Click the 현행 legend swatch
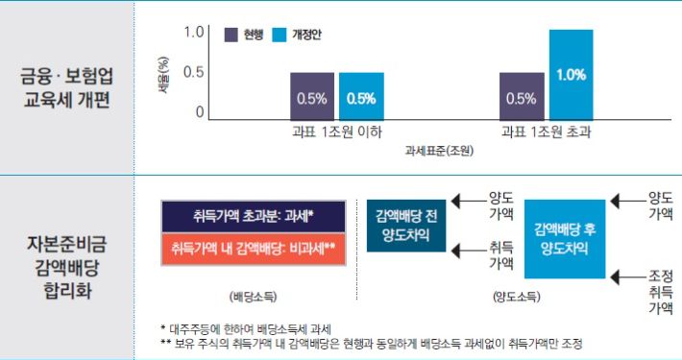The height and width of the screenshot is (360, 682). point(231,35)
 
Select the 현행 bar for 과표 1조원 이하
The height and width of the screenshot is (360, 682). point(312,96)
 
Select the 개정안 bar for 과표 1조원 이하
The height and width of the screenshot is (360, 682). point(361,96)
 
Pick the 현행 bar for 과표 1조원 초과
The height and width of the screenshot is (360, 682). point(522,96)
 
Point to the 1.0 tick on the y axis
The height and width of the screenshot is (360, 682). point(194,33)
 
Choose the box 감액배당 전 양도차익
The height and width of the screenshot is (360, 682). point(407,226)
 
